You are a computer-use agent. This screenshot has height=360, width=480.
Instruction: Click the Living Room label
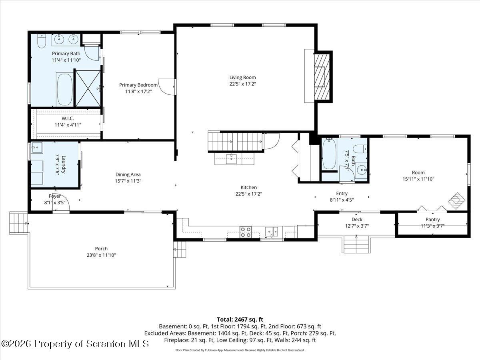click(242, 77)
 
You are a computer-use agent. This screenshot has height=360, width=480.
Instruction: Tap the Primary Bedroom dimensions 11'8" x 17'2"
click(138, 91)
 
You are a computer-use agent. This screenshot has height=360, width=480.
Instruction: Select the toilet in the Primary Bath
click(41, 41)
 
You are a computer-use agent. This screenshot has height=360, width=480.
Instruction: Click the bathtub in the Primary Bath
click(64, 90)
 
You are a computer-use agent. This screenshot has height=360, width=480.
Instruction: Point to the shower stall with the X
click(88, 88)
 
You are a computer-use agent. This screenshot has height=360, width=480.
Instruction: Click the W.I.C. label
click(68, 118)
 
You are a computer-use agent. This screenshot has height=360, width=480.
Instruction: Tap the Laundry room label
click(64, 164)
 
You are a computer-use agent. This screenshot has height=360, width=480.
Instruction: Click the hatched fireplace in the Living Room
click(322, 77)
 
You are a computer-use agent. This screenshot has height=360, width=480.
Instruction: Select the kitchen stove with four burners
click(246, 232)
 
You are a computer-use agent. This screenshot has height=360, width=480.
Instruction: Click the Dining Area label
click(128, 174)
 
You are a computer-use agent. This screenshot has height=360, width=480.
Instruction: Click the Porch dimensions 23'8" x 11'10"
click(101, 255)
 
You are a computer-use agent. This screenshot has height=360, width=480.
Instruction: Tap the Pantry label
click(432, 220)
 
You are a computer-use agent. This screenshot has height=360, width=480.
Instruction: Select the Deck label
click(357, 220)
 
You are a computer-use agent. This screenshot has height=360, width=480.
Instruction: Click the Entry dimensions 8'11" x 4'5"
click(342, 200)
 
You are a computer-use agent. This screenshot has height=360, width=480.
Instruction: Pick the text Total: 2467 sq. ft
click(240, 320)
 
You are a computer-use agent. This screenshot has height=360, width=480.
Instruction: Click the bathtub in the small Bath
click(329, 154)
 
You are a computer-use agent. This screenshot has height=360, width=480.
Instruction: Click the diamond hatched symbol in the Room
click(457, 201)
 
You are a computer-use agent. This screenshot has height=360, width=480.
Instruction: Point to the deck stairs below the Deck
click(356, 244)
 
